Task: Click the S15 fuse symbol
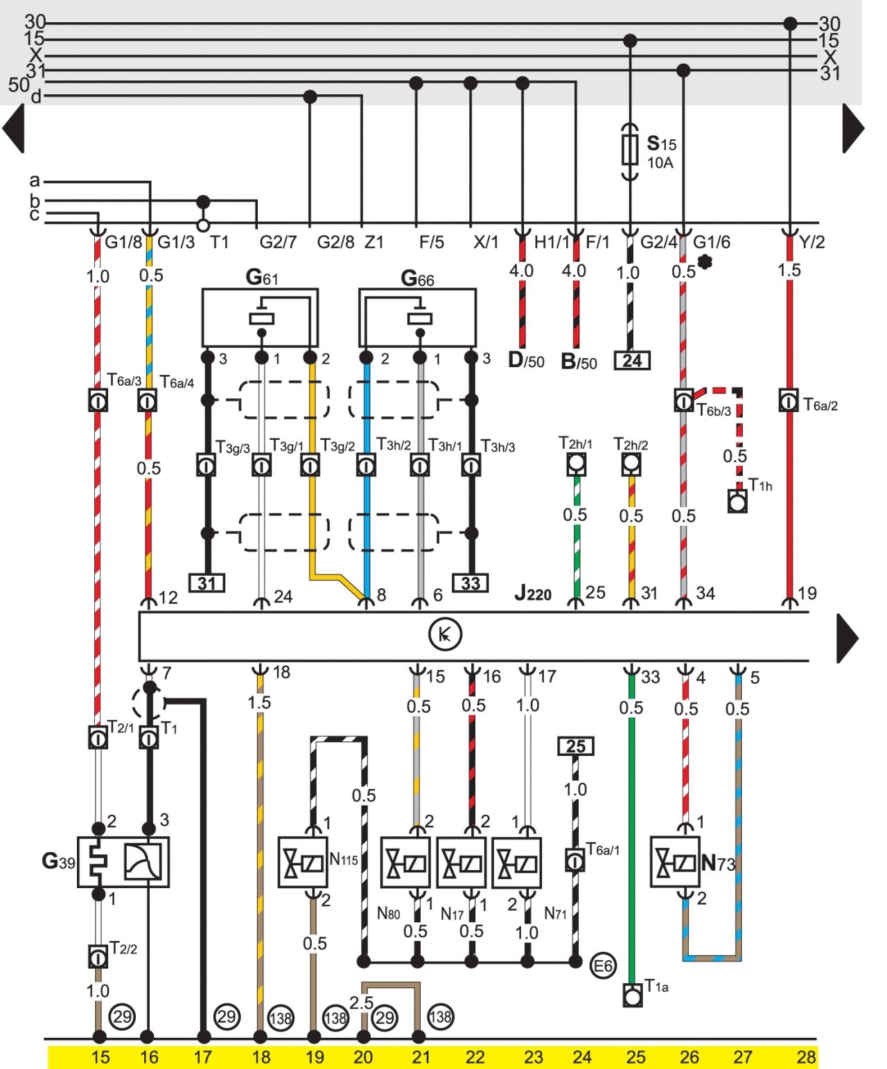(x=630, y=151)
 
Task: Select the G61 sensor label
(x=262, y=278)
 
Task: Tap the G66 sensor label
(x=417, y=279)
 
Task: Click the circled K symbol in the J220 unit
(x=444, y=635)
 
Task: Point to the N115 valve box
(x=303, y=863)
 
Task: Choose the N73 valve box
(x=675, y=862)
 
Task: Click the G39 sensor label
(x=58, y=860)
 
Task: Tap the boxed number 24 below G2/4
(x=632, y=360)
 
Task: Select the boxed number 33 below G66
(x=470, y=583)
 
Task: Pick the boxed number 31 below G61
(x=207, y=583)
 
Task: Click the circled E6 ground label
(x=602, y=966)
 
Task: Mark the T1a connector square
(x=633, y=995)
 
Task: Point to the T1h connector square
(x=737, y=501)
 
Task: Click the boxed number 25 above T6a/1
(x=576, y=746)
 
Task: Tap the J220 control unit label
(x=533, y=593)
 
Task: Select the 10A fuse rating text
(x=660, y=163)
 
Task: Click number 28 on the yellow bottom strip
(x=807, y=1057)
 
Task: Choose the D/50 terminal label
(x=526, y=361)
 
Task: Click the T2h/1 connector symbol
(x=577, y=464)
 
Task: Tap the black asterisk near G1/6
(x=705, y=262)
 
